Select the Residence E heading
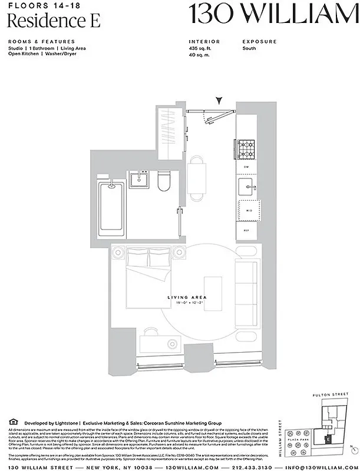pyautogui.click(x=54, y=21)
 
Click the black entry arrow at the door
pyautogui.click(x=220, y=101)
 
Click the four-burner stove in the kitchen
pyautogui.click(x=247, y=148)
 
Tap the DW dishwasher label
pyautogui.click(x=247, y=167)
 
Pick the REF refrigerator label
pyautogui.click(x=247, y=230)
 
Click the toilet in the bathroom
pyautogui.click(x=164, y=181)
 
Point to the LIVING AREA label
pyautogui.click(x=186, y=298)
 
